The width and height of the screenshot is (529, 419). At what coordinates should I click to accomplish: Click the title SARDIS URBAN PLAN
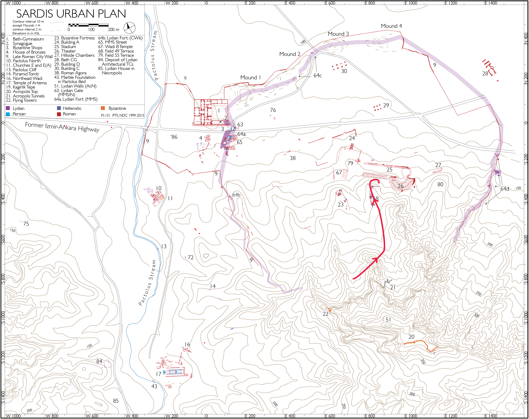[x=71, y=14]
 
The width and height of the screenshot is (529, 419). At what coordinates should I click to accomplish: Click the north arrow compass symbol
[x=129, y=28]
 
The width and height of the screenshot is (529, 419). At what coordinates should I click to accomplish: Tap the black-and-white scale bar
[x=88, y=25]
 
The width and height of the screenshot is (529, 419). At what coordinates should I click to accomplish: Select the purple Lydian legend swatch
[x=8, y=108]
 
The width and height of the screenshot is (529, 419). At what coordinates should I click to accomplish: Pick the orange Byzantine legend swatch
[x=103, y=108]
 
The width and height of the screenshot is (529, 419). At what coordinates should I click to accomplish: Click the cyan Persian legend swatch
[x=8, y=114]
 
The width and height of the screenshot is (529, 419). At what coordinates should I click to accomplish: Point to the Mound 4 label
[x=391, y=26]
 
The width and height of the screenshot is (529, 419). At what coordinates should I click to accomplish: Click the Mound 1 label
[x=250, y=77]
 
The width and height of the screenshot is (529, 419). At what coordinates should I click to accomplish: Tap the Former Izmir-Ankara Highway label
[x=62, y=127]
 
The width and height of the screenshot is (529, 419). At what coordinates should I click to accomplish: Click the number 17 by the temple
[x=158, y=374]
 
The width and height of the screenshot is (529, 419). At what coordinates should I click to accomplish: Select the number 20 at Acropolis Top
[x=411, y=337]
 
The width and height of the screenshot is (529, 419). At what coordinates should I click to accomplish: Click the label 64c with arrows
[x=318, y=76]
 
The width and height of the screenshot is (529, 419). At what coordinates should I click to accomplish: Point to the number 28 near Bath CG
[x=485, y=74]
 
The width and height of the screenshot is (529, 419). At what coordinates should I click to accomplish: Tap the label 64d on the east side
[x=505, y=189]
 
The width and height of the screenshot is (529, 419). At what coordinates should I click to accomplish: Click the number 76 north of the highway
[x=273, y=110]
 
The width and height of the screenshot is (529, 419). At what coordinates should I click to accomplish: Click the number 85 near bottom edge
[x=116, y=401]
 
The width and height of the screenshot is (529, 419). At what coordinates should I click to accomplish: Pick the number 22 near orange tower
[x=325, y=314]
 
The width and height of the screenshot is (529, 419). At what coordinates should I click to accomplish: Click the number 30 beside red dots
[x=344, y=71]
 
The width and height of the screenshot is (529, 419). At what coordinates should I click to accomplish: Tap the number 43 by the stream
[x=154, y=386]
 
